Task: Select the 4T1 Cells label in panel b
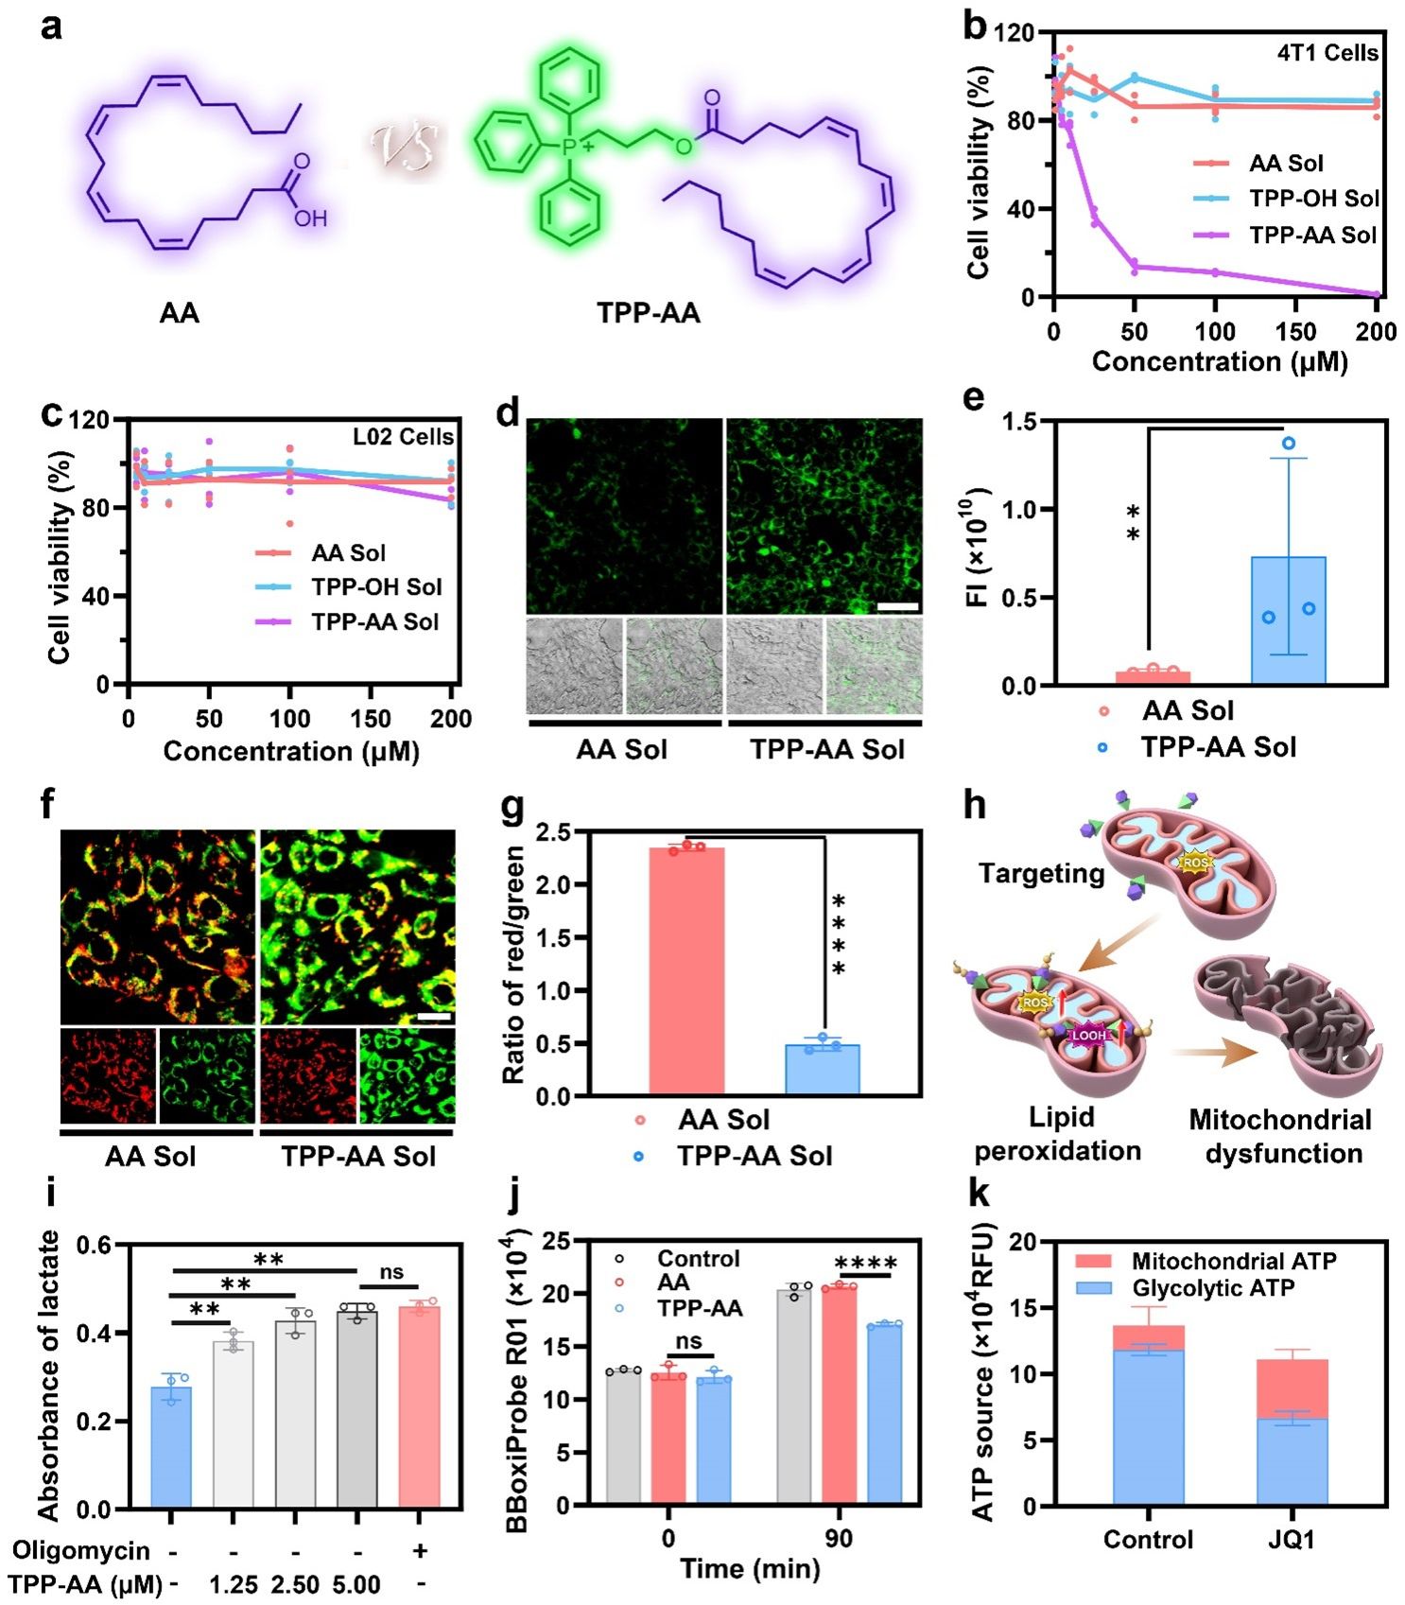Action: point(1327,53)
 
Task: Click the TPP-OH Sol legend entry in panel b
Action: point(1313,199)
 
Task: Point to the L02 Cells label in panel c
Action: point(404,437)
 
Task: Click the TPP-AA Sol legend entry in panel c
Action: point(374,621)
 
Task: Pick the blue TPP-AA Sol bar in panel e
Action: point(1288,619)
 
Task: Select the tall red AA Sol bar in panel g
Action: point(686,970)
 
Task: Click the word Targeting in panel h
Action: point(1041,873)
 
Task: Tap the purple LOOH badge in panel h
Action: point(1088,1036)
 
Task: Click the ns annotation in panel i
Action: point(391,1272)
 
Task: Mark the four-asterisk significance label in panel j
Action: point(865,1263)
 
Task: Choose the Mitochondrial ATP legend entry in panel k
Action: point(1233,1261)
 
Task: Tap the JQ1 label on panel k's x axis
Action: point(1291,1540)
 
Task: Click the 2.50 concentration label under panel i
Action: point(295,1585)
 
